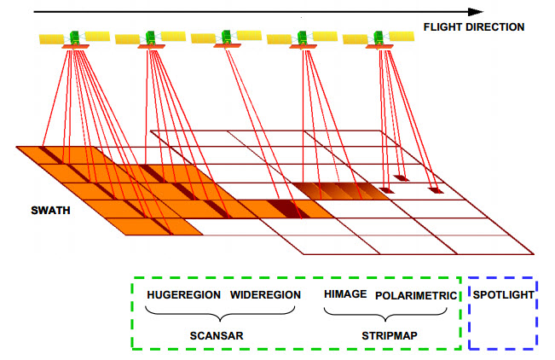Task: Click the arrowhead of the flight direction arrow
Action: pos(476,12)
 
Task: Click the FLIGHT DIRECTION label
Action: pos(474,27)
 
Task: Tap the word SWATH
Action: pos(50,211)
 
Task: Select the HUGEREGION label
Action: pos(183,295)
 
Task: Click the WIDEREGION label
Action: pos(265,295)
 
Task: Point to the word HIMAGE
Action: pos(345,294)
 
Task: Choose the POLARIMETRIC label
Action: pos(416,295)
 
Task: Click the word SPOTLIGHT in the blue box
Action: pos(503,295)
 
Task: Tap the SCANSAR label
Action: pos(217,336)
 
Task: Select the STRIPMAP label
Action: pos(390,335)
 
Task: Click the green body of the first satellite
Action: pos(75,38)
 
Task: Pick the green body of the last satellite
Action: pos(379,38)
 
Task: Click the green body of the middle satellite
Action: pos(227,37)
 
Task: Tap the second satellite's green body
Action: pos(150,38)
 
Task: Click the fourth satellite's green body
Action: pos(303,38)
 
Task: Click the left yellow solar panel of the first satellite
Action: pos(51,39)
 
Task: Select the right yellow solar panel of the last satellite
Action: pos(402,37)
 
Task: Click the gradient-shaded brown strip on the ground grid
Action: pos(340,191)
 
